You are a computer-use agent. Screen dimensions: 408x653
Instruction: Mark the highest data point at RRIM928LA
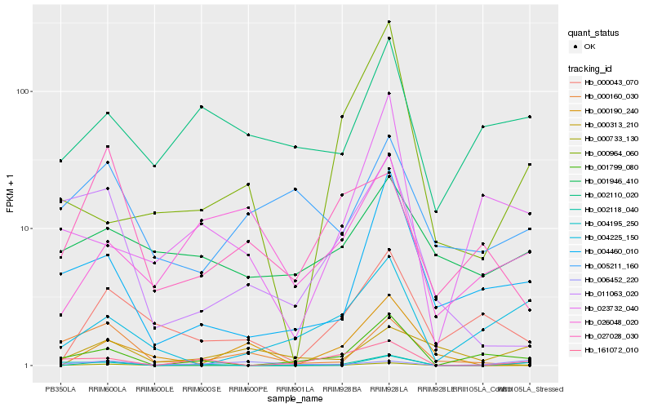pos(389,21)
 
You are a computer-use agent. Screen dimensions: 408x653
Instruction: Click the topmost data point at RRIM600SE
pos(201,107)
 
